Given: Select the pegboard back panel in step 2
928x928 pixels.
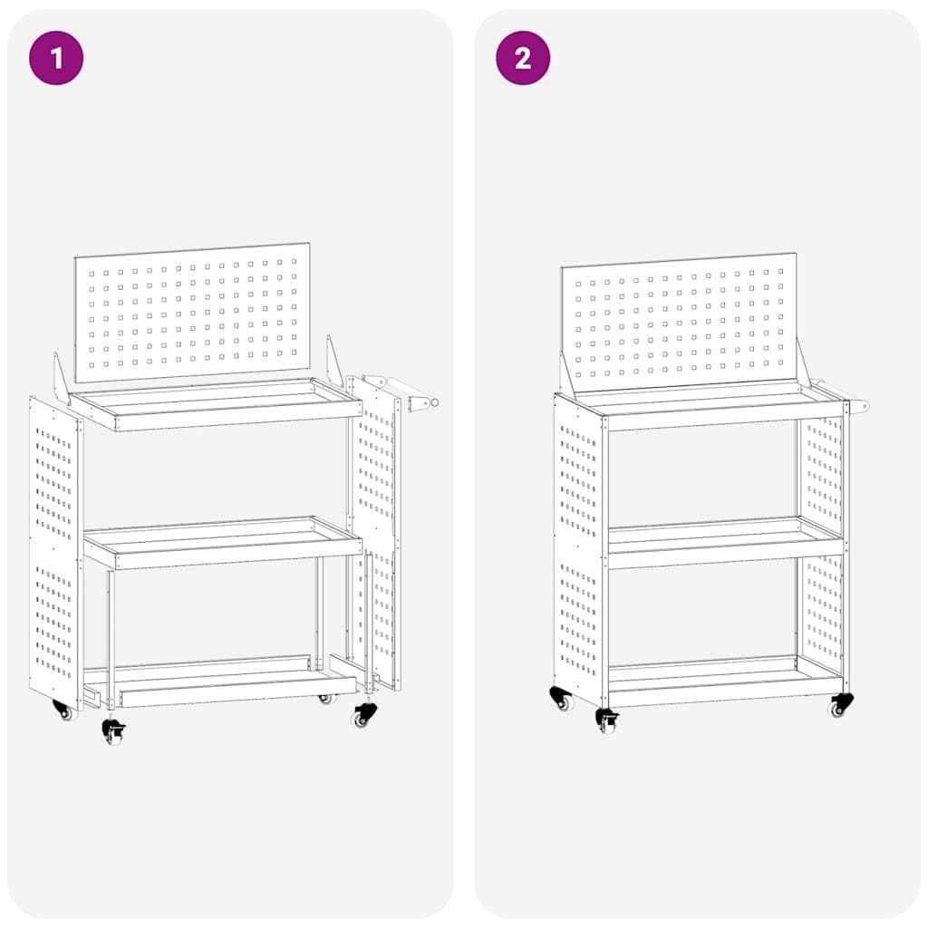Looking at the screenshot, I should pos(678,322).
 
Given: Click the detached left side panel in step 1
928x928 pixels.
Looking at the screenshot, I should pos(54,553).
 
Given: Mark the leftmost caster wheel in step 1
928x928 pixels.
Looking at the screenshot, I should pos(63,711).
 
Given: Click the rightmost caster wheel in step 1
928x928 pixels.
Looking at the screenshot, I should pos(363,715).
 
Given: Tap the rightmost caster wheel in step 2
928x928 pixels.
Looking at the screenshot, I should pos(840,705).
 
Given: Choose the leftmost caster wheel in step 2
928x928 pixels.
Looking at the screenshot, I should pos(562,699).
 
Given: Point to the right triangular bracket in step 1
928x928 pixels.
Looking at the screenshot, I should pos(334,362).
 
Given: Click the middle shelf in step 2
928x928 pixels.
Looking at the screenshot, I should pos(725,541).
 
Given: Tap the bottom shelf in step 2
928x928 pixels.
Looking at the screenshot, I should pos(725,680).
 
